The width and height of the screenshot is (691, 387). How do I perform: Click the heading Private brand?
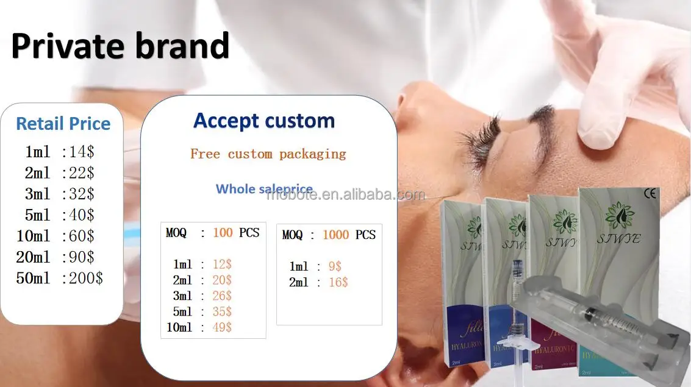pos(120,46)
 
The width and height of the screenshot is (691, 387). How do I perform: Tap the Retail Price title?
pos(63,124)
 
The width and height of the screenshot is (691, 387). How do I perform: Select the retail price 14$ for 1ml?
pos(83,151)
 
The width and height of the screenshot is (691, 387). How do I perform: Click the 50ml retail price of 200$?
pos(88,279)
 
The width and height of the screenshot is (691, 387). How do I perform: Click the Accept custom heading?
pos(264,121)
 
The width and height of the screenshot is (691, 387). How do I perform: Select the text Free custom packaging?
pos(268,154)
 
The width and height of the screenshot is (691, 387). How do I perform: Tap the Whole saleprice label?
pos(264,189)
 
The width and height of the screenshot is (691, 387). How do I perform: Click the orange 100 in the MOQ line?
pos(223,233)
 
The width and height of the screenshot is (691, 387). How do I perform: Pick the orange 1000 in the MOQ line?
pos(335,235)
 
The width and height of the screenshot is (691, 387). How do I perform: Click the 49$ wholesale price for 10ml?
pos(222,327)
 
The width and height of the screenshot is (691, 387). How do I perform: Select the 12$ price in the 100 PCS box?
pos(222,265)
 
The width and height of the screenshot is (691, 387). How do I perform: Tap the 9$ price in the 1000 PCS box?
pos(334,266)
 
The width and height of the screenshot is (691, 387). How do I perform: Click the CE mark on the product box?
pos(650,194)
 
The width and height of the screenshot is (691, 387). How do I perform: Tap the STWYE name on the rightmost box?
pos(619,240)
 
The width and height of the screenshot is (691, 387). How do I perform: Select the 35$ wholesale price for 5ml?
pos(222,311)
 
